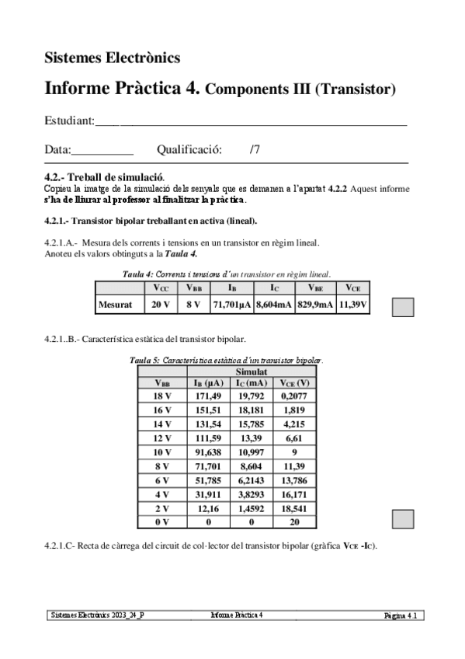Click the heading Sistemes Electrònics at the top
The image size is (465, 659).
113,58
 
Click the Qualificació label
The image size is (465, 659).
189,149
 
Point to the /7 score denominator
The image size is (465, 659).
255,149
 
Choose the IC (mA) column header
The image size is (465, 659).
252,383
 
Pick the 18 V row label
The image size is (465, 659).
163,396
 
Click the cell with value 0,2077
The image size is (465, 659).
295,396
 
